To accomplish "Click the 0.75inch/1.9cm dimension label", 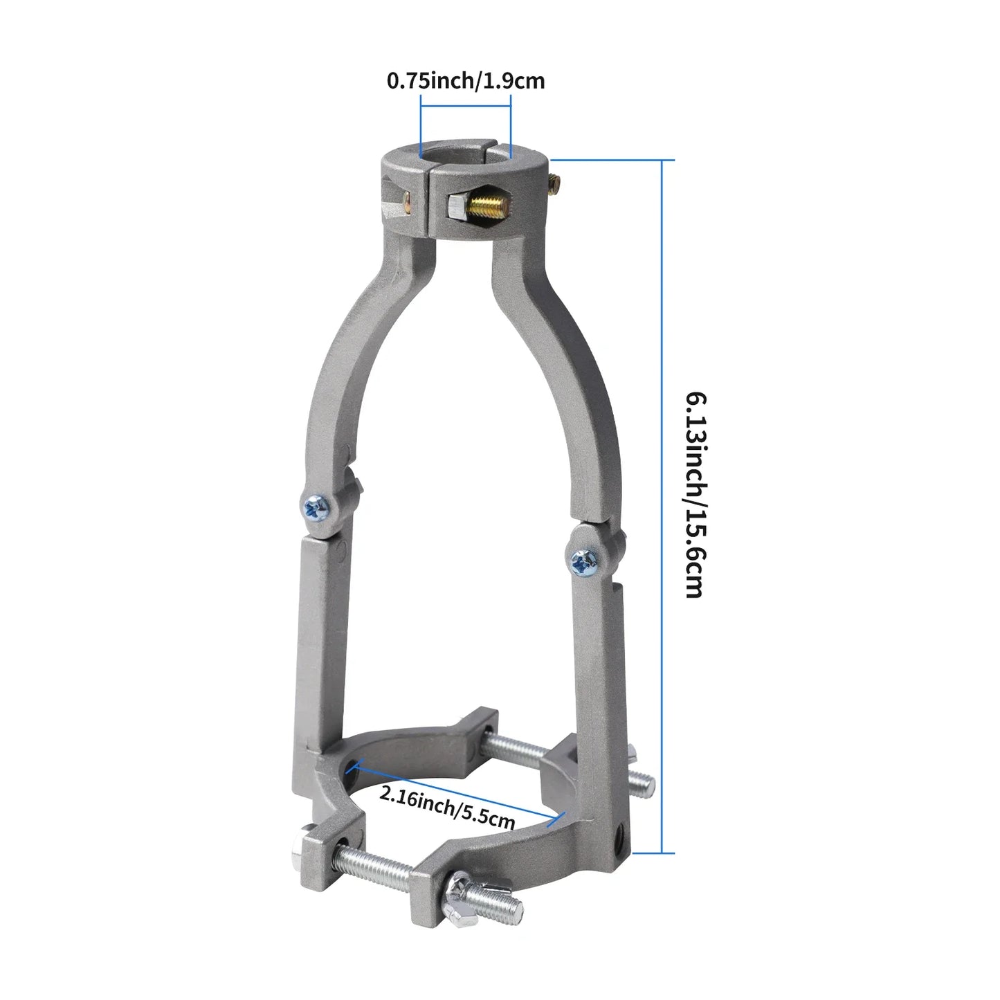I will pyautogui.click(x=465, y=81).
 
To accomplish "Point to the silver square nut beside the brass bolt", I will pyautogui.click(x=457, y=206).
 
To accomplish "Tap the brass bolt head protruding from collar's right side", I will pyautogui.click(x=555, y=184).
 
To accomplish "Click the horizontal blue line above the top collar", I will pyautogui.click(x=465, y=106).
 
